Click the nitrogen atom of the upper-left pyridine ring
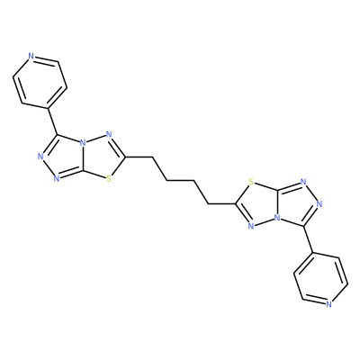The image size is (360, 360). [x=31, y=56]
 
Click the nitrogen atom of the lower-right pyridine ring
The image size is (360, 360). [x=329, y=304]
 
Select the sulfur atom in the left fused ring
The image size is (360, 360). [x=109, y=179]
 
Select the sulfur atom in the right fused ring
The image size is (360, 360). [x=251, y=182]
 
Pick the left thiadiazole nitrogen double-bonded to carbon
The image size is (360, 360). [x=109, y=134]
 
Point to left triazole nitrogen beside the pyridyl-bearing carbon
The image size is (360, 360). [x=41, y=156]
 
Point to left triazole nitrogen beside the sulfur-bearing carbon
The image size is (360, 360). [x=57, y=179]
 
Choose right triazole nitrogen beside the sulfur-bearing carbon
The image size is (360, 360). [x=303, y=182]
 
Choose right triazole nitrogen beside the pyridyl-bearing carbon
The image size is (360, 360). [x=319, y=204]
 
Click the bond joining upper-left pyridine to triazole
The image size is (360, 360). [x=52, y=121]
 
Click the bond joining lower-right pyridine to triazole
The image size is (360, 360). [x=308, y=239]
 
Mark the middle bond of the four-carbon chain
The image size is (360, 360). [x=180, y=181]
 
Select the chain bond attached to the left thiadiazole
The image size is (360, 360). [x=139, y=157]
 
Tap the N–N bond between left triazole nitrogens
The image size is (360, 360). [x=49, y=167]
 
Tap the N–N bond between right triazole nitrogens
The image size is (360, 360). [x=311, y=193]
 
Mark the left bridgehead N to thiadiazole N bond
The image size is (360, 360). [x=96, y=138]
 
